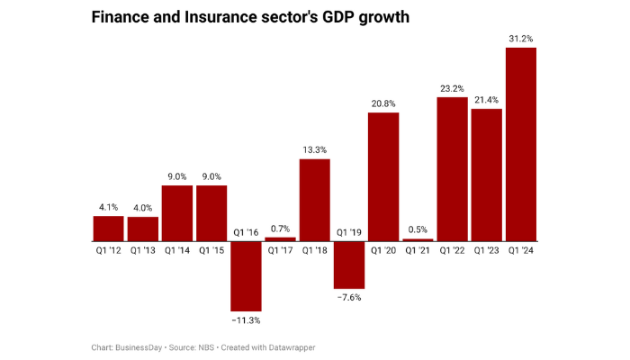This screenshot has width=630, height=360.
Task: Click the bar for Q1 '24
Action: click(x=521, y=144)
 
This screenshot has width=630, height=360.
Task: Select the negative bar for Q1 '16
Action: click(x=246, y=276)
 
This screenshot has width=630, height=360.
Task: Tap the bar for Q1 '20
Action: click(x=383, y=177)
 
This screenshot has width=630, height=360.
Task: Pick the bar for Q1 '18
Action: click(x=314, y=200)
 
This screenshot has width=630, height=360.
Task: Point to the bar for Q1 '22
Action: click(x=452, y=169)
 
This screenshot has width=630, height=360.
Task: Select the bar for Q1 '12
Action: click(x=108, y=229)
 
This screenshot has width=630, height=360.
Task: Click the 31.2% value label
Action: click(x=521, y=39)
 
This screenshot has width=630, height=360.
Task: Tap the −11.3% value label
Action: click(x=246, y=319)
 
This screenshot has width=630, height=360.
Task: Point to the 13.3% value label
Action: click(x=314, y=150)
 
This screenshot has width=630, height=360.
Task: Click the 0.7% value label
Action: click(x=280, y=229)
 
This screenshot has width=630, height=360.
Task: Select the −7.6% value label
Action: click(x=348, y=296)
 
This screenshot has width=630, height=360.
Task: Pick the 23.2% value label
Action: click(x=452, y=88)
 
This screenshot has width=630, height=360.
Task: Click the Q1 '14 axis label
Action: click(x=176, y=251)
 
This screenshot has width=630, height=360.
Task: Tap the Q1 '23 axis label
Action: click(x=487, y=251)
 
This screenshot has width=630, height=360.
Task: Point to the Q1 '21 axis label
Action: click(x=418, y=251)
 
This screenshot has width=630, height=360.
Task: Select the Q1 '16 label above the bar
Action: click(x=246, y=232)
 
